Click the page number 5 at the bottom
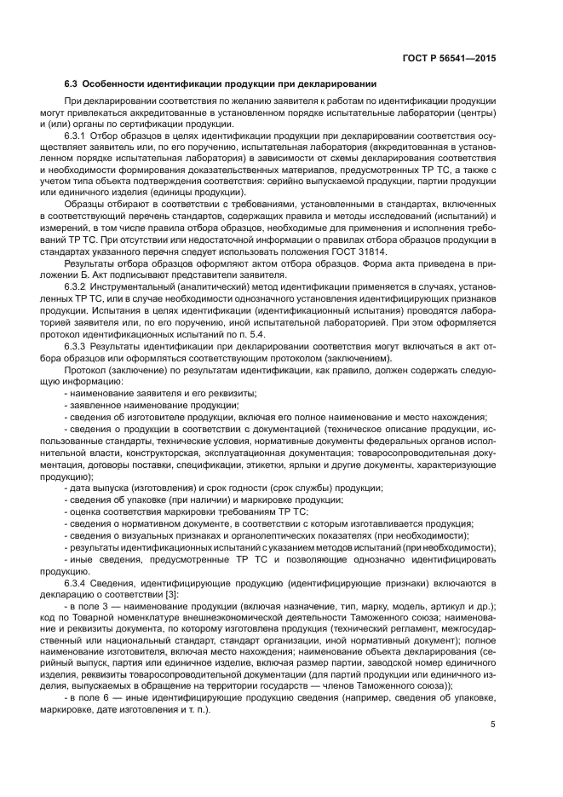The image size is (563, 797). [493, 726]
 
